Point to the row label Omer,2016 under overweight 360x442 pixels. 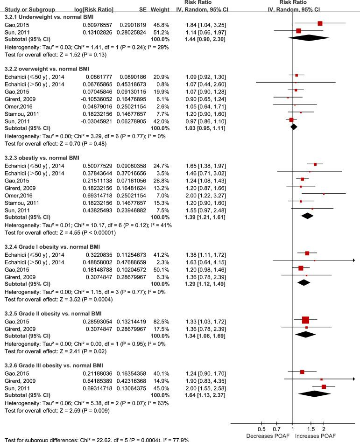pos(18,106)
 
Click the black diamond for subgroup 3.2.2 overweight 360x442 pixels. pos(293,127)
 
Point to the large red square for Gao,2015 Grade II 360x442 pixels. pos(305,320)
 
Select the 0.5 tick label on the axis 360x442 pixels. pos(261,429)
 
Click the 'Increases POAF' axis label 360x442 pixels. pos(315,435)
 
